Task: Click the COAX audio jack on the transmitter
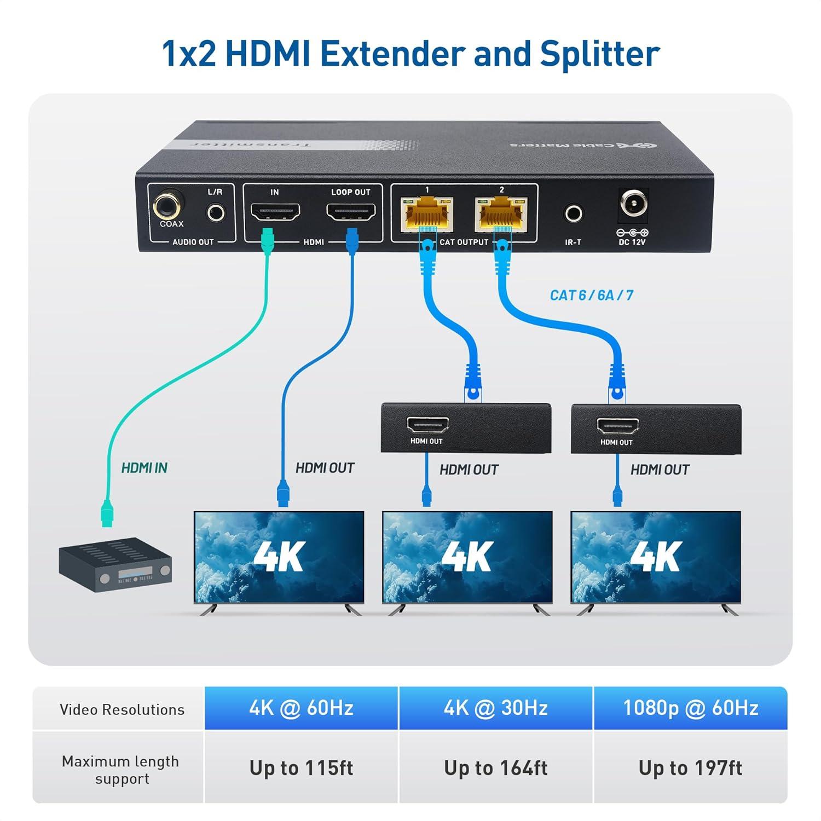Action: tap(169, 207)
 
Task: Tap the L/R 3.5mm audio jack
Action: tap(216, 212)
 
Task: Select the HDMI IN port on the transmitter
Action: tap(275, 211)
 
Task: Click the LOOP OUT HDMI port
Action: tap(351, 211)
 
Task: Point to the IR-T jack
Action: tap(573, 213)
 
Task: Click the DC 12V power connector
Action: tap(633, 205)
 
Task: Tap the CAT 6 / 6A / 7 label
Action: tap(591, 296)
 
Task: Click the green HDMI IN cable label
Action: tap(144, 468)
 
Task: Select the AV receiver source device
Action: tap(115, 566)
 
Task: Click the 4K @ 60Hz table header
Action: tap(301, 708)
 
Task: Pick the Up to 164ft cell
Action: tap(495, 768)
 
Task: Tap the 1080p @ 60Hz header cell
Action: tap(690, 708)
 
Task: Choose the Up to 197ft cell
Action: tap(690, 768)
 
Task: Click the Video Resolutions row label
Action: tap(122, 709)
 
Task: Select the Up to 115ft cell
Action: tap(301, 768)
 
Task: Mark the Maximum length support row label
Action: tap(120, 770)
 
